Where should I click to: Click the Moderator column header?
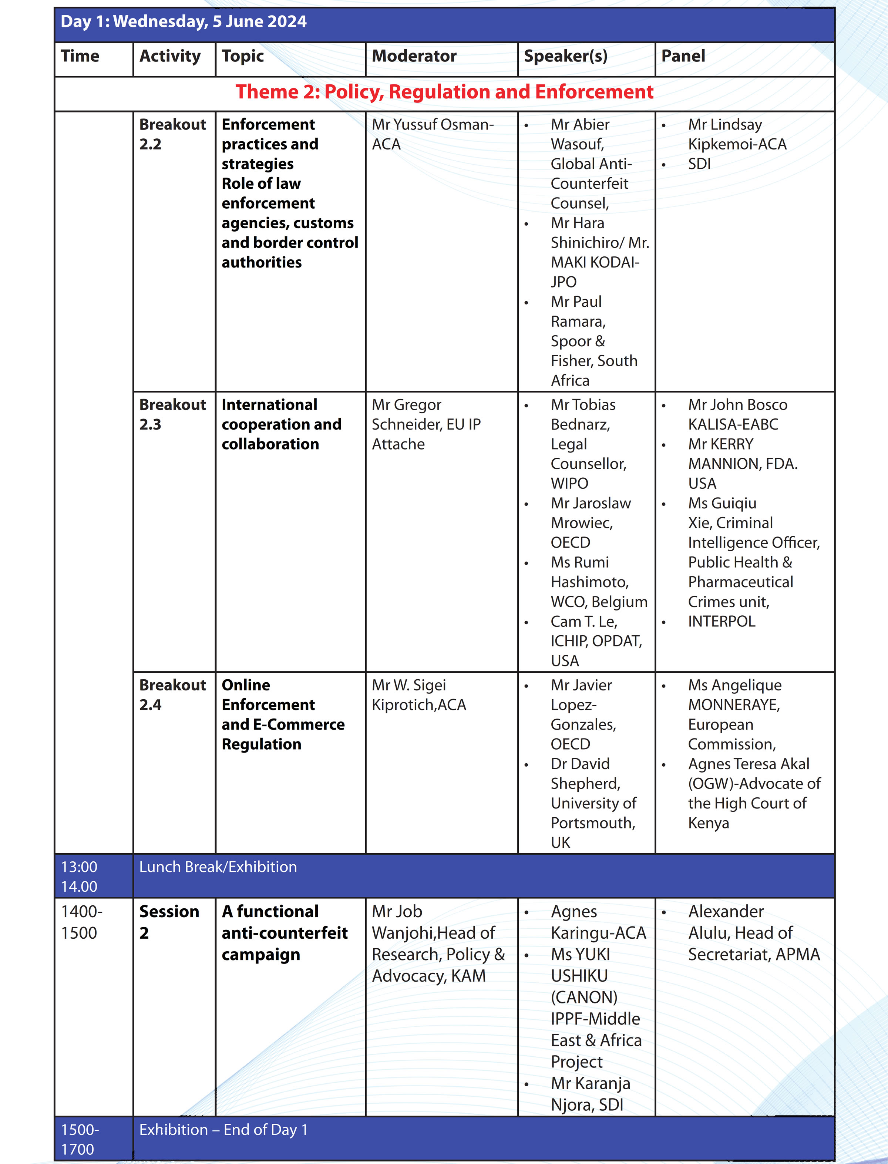414,56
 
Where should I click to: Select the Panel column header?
683,56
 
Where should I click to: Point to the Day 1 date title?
184,22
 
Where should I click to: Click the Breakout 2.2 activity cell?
172,134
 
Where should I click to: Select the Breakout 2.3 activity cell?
172,414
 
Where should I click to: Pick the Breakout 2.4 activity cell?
172,694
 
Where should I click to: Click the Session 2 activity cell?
169,922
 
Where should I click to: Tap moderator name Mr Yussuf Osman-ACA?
433,134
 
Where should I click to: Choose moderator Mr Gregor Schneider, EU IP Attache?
426,424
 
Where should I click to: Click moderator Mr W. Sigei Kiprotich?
418,694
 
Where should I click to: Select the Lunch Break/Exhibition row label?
218,867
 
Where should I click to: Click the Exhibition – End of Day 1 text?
223,1130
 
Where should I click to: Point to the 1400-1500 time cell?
81,922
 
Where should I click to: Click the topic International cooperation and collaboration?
281,424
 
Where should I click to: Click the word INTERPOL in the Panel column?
721,621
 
